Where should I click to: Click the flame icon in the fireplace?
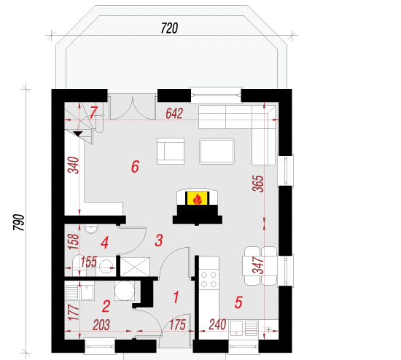pyautogui.click(x=197, y=199)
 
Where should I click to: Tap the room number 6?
pyautogui.click(x=135, y=166)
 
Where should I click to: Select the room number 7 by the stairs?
pyautogui.click(x=93, y=112)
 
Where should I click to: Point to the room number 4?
pyautogui.click(x=104, y=243)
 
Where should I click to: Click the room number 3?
pyautogui.click(x=159, y=240)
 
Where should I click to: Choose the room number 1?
pyautogui.click(x=176, y=297)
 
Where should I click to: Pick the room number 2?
pyautogui.click(x=106, y=306)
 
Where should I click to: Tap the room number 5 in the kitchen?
pyautogui.click(x=238, y=302)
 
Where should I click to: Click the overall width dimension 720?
pyautogui.click(x=169, y=28)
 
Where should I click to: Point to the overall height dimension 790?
pyautogui.click(x=19, y=222)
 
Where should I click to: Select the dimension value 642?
pyautogui.click(x=174, y=114)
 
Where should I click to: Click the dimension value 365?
pyautogui.click(x=258, y=184)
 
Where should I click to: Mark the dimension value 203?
pyautogui.click(x=101, y=325)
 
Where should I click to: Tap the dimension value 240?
pyautogui.click(x=217, y=325)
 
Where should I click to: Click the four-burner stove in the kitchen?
pyautogui.click(x=209, y=279)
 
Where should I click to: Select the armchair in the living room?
pyautogui.click(x=171, y=151)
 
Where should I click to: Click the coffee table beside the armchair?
pyautogui.click(x=217, y=152)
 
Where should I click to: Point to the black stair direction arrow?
pyautogui.click(x=78, y=133)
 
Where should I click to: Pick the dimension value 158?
pyautogui.click(x=73, y=242)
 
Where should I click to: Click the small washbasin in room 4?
pyautogui.click(x=91, y=229)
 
